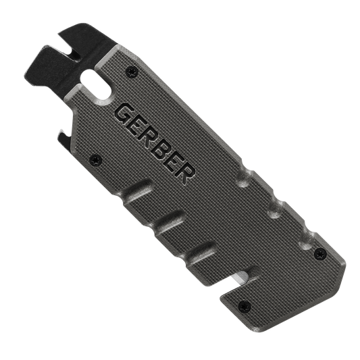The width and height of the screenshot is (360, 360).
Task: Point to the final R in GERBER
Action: pyautogui.click(x=186, y=174)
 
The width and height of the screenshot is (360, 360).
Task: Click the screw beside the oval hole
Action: pyautogui.click(x=132, y=71)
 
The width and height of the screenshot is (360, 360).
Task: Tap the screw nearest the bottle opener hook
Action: pyautogui.click(x=95, y=160)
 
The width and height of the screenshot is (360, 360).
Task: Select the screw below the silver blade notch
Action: pyautogui.click(x=245, y=306)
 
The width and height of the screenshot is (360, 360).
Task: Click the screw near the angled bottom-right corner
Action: pyautogui.click(x=320, y=254)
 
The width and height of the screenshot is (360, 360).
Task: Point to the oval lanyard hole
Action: pyautogui.click(x=97, y=86)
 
